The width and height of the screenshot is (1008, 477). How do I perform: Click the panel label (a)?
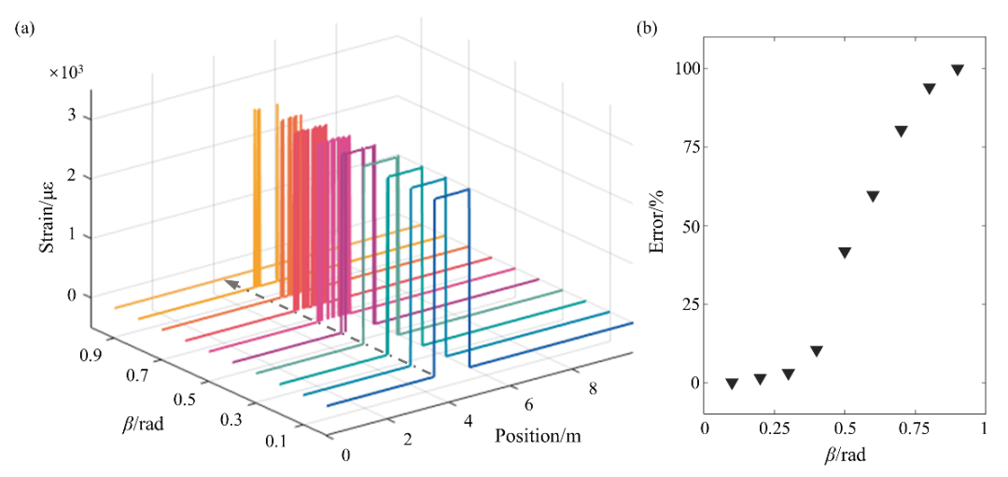(24, 29)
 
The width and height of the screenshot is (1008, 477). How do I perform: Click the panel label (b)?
(647, 29)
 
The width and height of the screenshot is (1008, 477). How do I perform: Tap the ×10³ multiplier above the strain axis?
(66, 72)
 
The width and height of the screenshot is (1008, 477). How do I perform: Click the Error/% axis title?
(657, 225)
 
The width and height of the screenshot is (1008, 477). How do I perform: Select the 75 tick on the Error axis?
(689, 147)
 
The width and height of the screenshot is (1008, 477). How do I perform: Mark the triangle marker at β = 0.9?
(957, 70)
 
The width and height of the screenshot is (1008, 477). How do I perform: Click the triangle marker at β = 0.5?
(845, 253)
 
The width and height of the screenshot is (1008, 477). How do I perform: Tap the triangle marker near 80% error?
(901, 132)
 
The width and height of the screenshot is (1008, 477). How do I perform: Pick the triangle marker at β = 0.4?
(817, 351)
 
